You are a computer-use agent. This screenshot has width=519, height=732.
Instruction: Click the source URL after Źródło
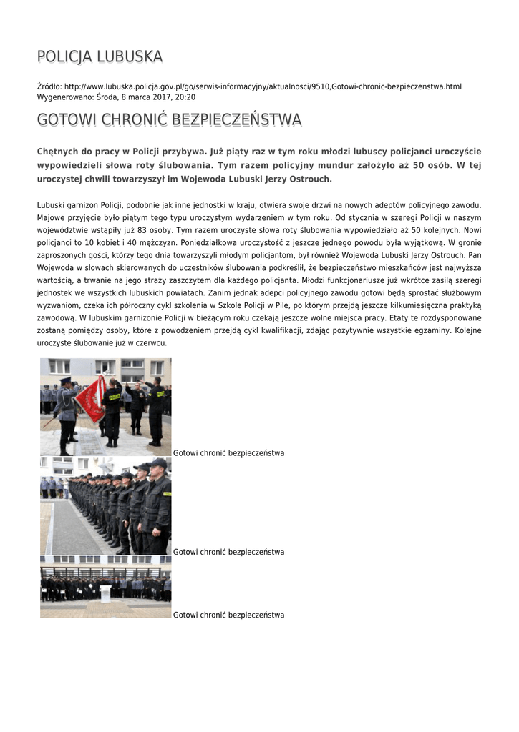click(263, 86)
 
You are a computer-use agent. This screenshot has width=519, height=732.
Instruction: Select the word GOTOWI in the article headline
click(62, 120)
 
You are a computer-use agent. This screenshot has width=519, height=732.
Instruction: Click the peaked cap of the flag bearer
click(66, 381)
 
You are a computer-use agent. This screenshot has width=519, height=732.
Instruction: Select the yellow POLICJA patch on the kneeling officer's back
click(114, 395)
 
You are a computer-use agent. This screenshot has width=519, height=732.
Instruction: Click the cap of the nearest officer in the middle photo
click(157, 463)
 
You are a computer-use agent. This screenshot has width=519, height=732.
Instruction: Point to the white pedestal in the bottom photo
click(105, 593)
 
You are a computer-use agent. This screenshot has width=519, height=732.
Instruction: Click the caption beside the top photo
click(228, 453)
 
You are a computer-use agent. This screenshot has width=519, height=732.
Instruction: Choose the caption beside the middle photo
click(228, 552)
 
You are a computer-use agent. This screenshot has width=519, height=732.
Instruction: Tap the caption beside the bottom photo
click(228, 615)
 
